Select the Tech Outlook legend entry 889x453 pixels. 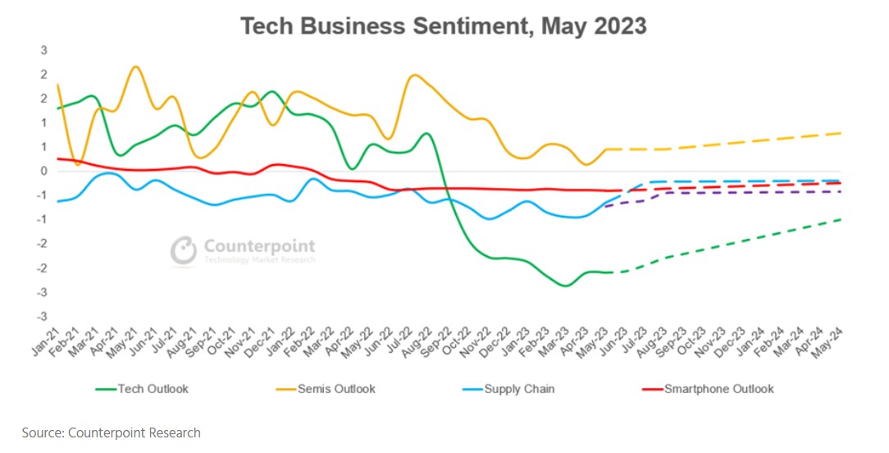(153, 388)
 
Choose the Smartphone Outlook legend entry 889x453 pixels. (718, 388)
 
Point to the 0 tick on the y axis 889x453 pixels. (44, 172)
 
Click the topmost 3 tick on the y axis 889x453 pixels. (44, 51)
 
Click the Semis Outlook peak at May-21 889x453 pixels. (136, 66)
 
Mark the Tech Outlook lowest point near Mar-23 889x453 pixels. (564, 286)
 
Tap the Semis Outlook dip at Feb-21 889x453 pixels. (78, 165)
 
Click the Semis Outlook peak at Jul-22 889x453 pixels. (414, 75)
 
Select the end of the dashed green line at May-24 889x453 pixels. (842, 219)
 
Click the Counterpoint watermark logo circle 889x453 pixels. (185, 249)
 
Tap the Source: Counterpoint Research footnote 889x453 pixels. (111, 432)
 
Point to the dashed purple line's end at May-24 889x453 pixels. (842, 191)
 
